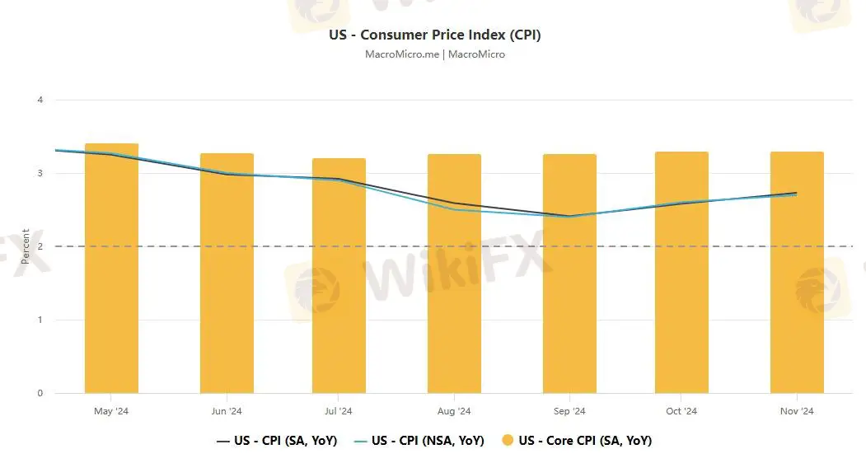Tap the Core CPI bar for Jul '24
click(339, 280)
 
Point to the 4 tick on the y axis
click(40, 101)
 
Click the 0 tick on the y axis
click(40, 394)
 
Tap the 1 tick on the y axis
click(40, 320)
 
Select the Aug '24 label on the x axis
click(454, 411)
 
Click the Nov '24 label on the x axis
click(797, 411)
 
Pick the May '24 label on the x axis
click(111, 411)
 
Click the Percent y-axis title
click(26, 246)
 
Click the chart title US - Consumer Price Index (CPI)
click(434, 35)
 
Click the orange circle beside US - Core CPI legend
click(507, 441)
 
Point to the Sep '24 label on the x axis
click(569, 411)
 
